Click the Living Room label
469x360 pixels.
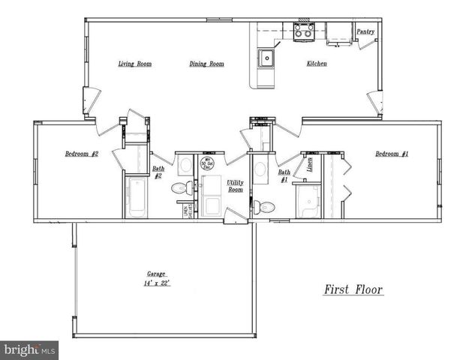point(135,64)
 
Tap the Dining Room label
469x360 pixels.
point(206,64)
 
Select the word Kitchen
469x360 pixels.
point(316,64)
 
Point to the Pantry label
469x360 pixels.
point(365,31)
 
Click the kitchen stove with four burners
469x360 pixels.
point(304,31)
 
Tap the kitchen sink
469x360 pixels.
point(266,57)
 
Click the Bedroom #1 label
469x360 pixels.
point(392,154)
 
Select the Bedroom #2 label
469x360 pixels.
point(82,154)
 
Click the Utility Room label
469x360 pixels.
point(235,186)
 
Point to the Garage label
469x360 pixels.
point(156,274)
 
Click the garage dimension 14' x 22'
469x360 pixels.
point(156,284)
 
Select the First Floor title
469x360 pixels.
point(353,289)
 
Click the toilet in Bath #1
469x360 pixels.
point(260,205)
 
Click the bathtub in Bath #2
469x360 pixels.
point(136,197)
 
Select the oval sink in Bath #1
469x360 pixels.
point(260,169)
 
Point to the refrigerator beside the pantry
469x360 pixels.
point(338,32)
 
